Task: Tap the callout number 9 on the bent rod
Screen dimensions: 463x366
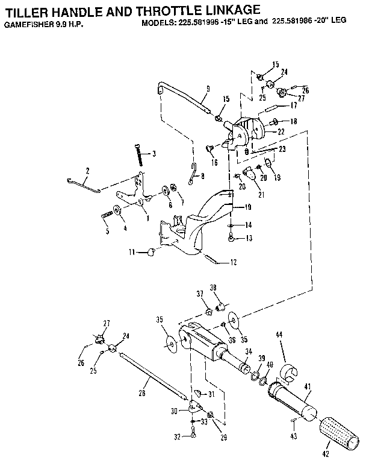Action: [207, 89]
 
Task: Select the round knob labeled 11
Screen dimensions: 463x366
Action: [150, 251]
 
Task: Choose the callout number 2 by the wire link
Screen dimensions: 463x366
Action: [87, 171]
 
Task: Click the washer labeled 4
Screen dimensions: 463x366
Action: [117, 212]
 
